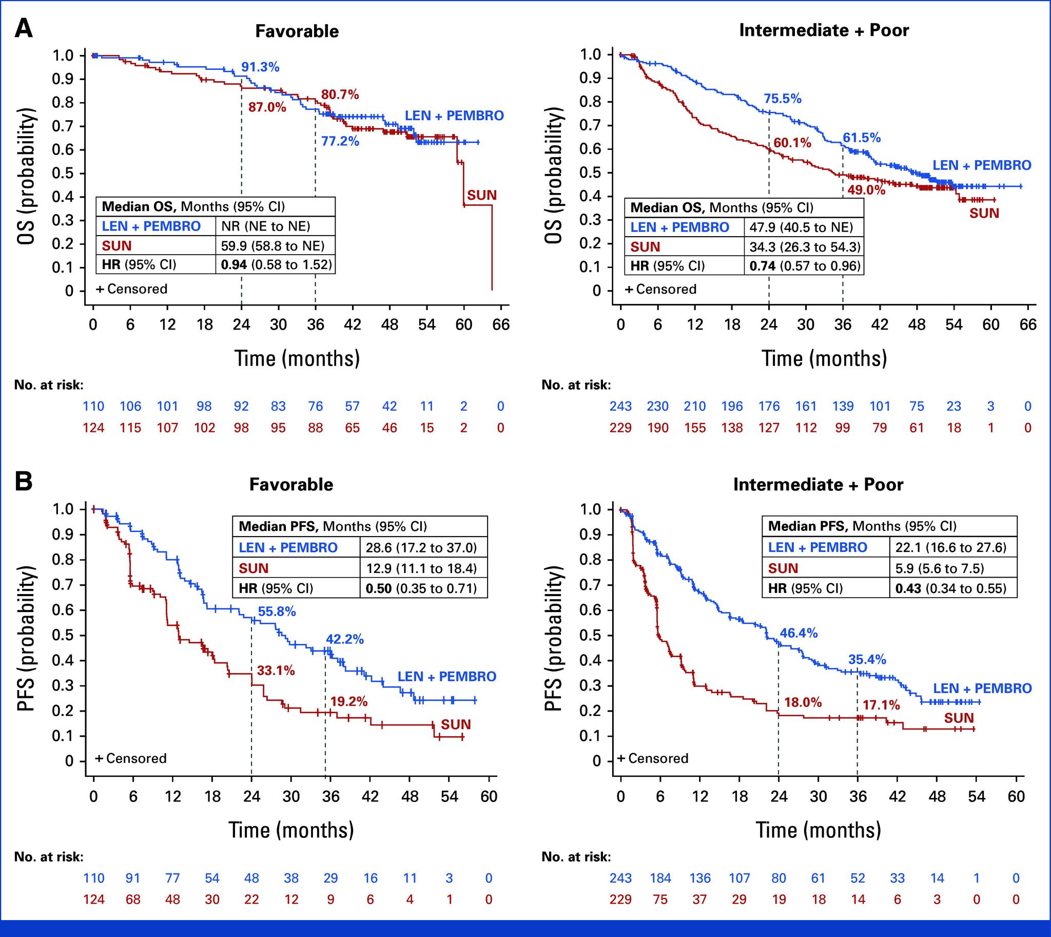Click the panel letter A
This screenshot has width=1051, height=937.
(23, 28)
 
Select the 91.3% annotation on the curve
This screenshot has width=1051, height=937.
(260, 67)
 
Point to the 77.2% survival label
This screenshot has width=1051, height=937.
(340, 141)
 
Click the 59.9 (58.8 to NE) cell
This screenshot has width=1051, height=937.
(273, 245)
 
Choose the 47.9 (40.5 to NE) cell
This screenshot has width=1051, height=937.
(802, 227)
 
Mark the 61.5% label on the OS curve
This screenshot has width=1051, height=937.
(862, 138)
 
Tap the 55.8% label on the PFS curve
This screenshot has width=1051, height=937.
(277, 611)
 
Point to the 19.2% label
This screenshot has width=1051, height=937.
(349, 701)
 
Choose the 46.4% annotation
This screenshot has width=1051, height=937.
(799, 633)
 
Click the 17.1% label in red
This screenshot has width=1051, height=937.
(881, 705)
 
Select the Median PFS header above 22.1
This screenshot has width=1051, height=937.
(862, 526)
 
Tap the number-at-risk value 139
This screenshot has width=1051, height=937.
(843, 406)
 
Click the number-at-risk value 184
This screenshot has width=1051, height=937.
(660, 878)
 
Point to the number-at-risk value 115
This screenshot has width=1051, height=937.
(131, 428)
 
